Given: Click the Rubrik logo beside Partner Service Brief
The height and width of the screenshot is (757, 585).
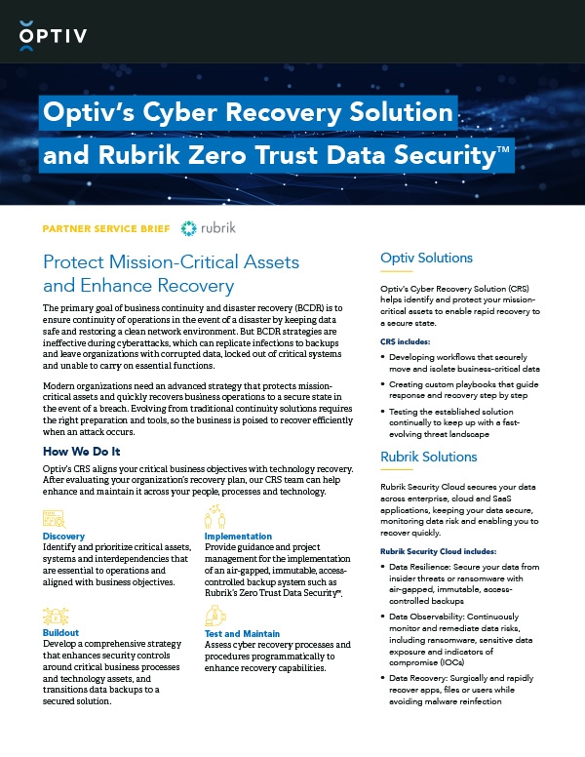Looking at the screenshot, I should [209, 228].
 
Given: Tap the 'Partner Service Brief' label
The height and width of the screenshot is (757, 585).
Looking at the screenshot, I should [107, 229].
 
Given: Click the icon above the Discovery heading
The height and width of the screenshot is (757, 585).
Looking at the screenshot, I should [54, 518].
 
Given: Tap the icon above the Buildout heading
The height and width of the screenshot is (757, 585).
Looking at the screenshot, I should [54, 616].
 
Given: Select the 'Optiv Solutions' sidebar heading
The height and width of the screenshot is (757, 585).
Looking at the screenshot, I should [425, 259].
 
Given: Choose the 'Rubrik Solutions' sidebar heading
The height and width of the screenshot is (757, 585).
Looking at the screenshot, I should [428, 457].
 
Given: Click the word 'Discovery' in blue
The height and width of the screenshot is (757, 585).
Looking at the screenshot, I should [64, 537].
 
